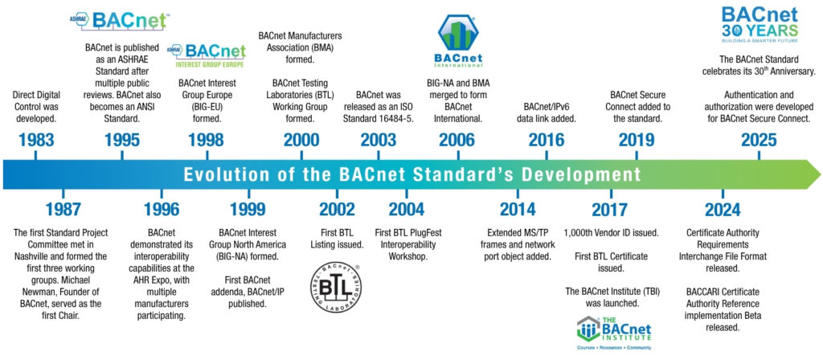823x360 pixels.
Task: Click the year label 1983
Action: pos(35,140)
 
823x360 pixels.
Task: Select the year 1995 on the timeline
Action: pos(122,140)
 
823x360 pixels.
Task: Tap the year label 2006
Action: pos(457,140)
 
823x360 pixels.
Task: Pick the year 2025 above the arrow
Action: pos(759,140)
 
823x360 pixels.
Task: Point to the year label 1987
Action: pos(63,210)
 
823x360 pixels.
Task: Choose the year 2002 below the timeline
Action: pos(337,210)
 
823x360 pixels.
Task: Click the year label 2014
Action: pos(518,210)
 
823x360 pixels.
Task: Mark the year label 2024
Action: pos(723,210)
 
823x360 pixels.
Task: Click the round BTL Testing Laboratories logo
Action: pos(336,288)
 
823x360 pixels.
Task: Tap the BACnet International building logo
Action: pos(458,41)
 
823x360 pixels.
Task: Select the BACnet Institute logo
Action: pos(613,333)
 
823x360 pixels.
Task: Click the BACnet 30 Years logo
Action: pos(759,24)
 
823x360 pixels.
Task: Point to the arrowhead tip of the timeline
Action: pos(821,174)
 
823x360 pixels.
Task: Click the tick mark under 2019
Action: pos(637,155)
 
